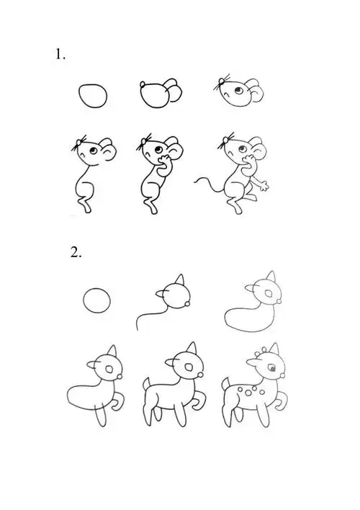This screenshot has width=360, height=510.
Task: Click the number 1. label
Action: pos(60,55)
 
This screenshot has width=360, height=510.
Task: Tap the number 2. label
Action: pos(77,252)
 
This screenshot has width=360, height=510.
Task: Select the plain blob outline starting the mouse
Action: pos(94,96)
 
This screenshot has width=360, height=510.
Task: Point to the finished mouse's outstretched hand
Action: pos(264,186)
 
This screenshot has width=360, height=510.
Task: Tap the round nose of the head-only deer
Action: pos(189,305)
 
